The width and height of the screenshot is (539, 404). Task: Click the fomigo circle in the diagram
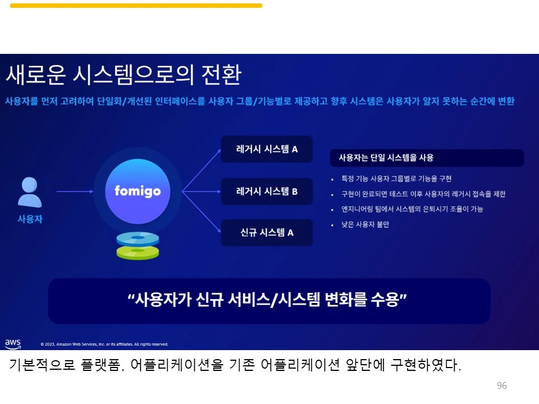point(138,191)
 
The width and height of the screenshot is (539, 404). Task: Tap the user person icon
point(30,192)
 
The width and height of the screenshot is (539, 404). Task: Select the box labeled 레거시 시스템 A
point(267,150)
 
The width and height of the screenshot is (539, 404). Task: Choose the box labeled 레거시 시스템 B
point(267,191)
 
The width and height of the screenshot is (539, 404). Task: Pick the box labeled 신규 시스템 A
point(267,232)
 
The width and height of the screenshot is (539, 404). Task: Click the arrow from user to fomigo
point(75,191)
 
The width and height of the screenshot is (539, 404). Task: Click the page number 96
point(502,385)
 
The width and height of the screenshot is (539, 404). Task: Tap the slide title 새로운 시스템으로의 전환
point(124,75)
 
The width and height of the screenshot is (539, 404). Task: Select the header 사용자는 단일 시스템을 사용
point(386,158)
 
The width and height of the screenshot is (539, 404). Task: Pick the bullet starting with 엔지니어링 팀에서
point(412,209)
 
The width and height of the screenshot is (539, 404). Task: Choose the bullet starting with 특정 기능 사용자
point(396,179)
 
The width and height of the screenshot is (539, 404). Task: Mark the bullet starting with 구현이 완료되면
point(423,194)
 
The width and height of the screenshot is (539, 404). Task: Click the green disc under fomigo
point(138,252)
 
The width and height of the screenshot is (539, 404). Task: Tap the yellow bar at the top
point(136,6)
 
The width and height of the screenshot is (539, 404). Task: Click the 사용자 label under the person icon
point(30,219)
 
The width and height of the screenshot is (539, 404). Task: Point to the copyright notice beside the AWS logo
point(104,344)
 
